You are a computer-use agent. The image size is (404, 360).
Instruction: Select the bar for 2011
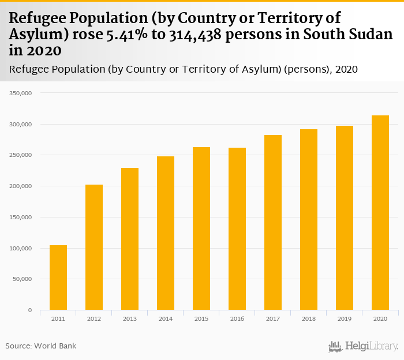click(58, 277)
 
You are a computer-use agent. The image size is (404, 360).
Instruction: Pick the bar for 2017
click(273, 222)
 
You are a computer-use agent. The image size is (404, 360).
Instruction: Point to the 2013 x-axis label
click(130, 318)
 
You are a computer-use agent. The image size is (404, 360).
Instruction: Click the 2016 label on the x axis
click(237, 318)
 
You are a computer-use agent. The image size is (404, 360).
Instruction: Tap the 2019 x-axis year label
click(345, 318)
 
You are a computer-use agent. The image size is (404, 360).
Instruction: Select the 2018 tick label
click(309, 318)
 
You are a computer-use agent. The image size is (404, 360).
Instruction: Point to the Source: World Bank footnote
click(41, 346)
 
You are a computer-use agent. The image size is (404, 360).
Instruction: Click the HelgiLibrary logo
click(364, 346)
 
